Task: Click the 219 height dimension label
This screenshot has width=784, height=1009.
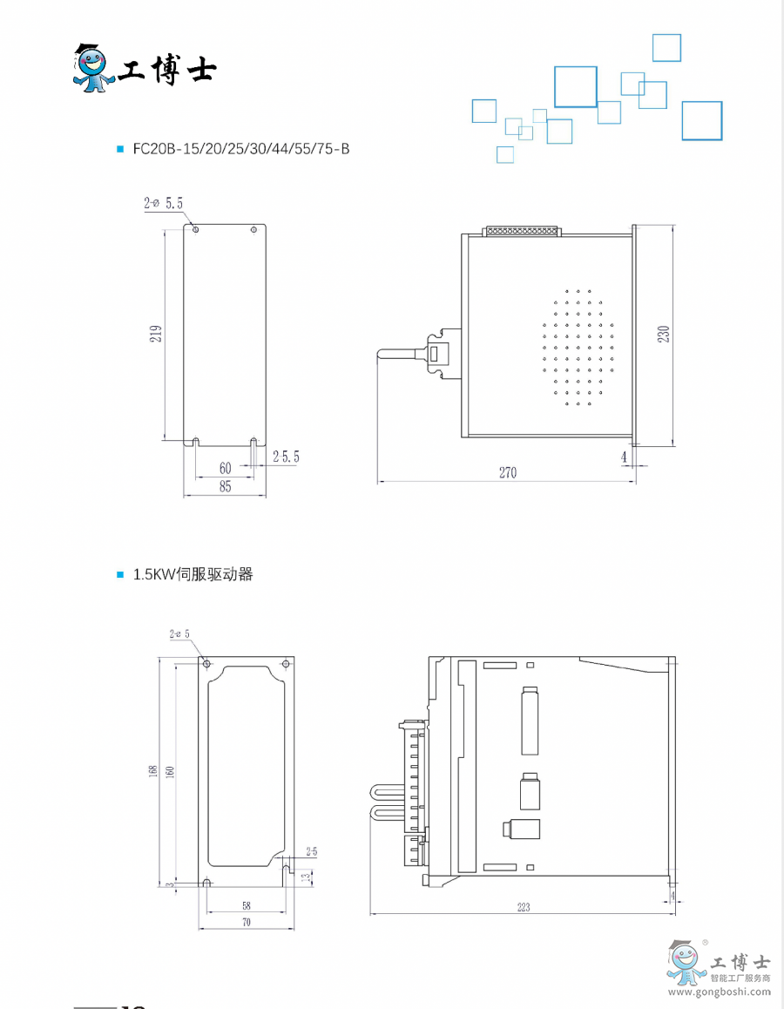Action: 156,333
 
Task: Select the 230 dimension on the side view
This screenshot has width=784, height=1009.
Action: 664,334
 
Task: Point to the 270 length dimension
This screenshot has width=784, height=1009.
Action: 508,473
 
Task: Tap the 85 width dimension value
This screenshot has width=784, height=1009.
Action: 226,487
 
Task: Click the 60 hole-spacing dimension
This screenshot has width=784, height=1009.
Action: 226,469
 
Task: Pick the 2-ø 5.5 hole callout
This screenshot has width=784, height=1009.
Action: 164,204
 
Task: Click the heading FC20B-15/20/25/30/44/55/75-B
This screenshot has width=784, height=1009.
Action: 241,149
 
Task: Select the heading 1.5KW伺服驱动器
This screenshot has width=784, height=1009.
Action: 193,575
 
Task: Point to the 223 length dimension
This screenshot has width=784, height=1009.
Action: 523,907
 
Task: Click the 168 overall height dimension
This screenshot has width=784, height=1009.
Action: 153,770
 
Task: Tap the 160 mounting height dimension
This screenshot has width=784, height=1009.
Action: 170,770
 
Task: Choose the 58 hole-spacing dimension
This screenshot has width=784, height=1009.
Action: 247,906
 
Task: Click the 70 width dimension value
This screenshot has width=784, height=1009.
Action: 247,922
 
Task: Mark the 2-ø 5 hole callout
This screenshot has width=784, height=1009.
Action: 179,634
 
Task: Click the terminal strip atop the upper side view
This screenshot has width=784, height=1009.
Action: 523,232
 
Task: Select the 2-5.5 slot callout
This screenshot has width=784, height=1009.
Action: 286,457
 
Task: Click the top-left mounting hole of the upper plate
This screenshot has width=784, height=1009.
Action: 196,230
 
